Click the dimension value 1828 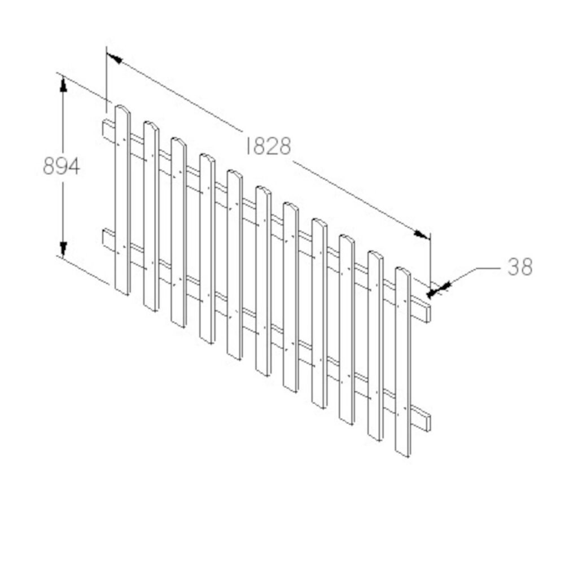(269, 146)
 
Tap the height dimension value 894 (61, 167)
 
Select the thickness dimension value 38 (519, 267)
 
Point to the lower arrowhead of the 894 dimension (63, 248)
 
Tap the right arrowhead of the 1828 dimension (422, 234)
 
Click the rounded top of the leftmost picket (122, 109)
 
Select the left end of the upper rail (106, 128)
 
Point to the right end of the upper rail (426, 313)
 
